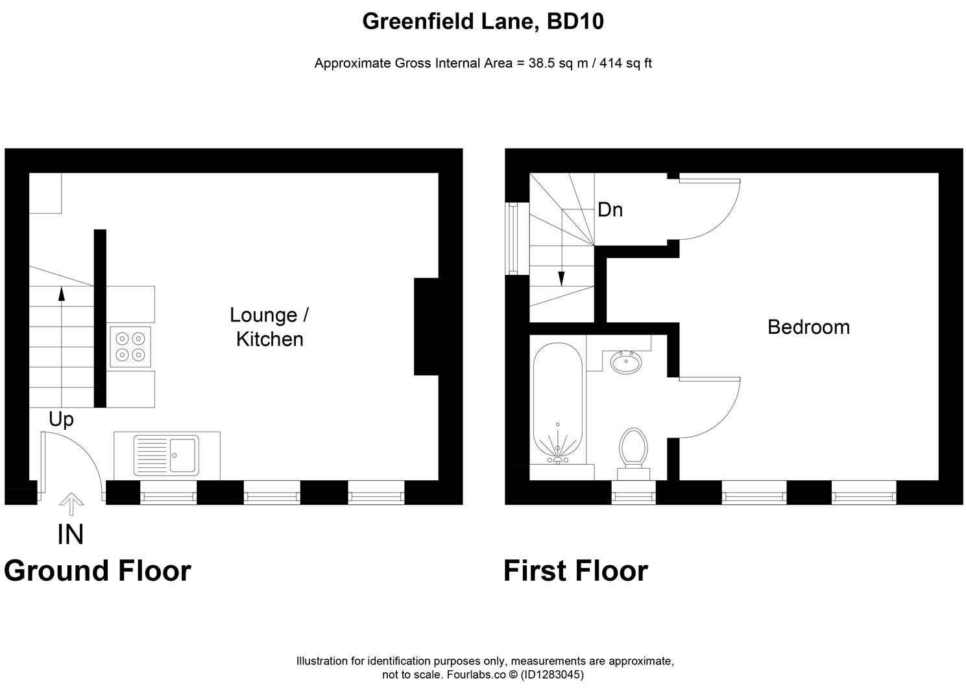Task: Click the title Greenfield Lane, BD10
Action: (x=483, y=21)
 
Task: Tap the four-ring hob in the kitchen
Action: (x=130, y=346)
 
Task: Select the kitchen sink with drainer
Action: (x=166, y=455)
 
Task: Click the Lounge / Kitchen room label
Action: (x=269, y=327)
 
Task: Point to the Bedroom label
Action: (x=808, y=327)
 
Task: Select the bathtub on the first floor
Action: (x=557, y=402)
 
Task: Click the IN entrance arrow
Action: (x=71, y=504)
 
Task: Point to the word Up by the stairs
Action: (x=62, y=420)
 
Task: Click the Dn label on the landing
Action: (x=610, y=210)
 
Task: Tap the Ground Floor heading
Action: (x=97, y=571)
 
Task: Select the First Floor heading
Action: (x=575, y=571)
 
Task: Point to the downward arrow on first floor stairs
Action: (x=561, y=278)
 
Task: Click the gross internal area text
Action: (x=483, y=64)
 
